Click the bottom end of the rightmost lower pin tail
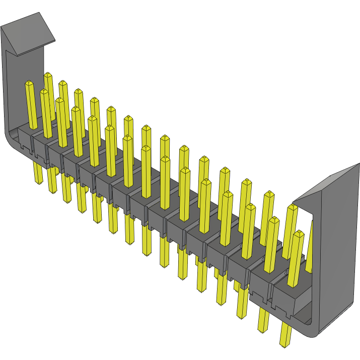click(285, 344)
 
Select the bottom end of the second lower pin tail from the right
click(262, 330)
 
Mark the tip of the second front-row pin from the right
click(274, 220)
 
